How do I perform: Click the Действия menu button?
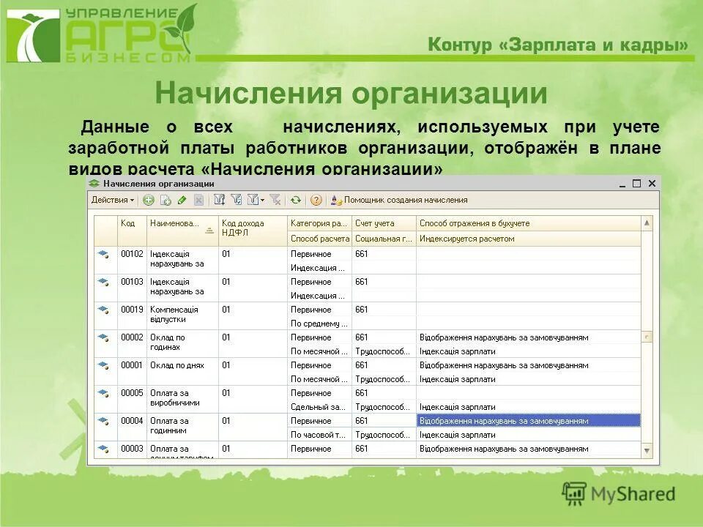tap(112, 200)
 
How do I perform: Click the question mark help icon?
tap(316, 200)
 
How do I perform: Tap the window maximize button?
tap(636, 184)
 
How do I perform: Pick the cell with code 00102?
tap(132, 254)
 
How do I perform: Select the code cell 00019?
tap(132, 310)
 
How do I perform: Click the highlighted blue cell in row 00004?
tap(527, 421)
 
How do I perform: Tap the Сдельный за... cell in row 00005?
tap(318, 407)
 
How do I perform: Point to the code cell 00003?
tap(132, 449)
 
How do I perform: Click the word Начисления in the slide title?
tap(249, 94)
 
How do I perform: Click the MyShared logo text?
tap(633, 494)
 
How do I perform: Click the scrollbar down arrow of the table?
tap(647, 451)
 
